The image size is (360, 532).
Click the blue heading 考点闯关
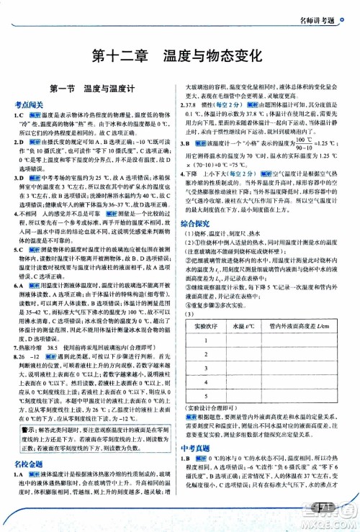pyautogui.click(x=29, y=104)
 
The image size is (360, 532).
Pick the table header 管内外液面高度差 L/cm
pyautogui.click(x=302, y=307)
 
